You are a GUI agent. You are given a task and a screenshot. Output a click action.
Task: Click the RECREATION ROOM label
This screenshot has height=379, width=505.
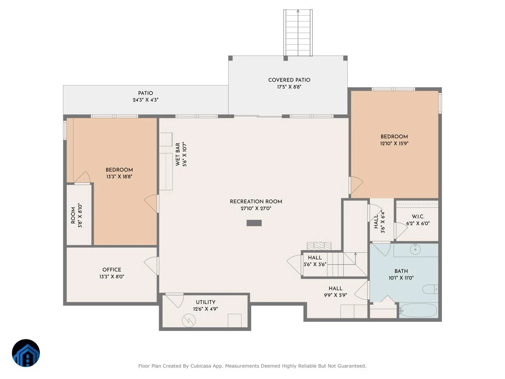click(256, 202)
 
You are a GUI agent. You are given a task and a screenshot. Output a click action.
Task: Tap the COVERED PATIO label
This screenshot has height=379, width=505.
click(289, 80)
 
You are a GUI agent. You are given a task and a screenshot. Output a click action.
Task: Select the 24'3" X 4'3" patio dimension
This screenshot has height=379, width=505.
click(146, 100)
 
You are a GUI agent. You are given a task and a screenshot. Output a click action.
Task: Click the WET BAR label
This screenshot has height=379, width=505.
click(178, 154)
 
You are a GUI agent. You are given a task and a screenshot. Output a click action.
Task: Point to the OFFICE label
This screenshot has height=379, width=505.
click(112, 270)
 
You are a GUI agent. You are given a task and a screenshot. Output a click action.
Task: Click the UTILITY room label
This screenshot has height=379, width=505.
click(205, 302)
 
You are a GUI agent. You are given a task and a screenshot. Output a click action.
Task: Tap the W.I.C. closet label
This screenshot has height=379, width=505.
click(418, 216)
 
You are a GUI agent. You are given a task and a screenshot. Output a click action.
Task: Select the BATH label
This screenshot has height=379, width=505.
click(401, 271)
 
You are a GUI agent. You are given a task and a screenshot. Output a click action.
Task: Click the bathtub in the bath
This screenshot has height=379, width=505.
click(418, 310)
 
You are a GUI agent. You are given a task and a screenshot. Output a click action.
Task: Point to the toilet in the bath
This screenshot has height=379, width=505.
click(430, 289)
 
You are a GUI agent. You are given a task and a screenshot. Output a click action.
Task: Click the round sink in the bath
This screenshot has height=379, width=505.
click(415, 249)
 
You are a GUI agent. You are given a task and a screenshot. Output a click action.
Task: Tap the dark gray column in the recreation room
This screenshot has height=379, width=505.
click(254, 223)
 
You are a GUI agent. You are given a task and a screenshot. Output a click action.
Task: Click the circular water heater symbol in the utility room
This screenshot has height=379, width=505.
click(189, 320)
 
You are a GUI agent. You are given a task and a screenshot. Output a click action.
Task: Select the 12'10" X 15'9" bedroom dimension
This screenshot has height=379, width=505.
click(394, 143)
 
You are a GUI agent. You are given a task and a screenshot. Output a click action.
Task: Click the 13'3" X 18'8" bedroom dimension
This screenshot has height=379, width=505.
click(119, 176)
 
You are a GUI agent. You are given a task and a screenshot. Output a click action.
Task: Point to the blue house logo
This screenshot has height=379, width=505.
click(26, 353)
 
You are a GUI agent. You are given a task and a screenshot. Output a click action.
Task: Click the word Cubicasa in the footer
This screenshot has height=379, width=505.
click(201, 366)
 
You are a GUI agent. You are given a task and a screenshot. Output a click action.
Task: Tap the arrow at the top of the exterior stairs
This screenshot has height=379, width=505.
click(298, 11)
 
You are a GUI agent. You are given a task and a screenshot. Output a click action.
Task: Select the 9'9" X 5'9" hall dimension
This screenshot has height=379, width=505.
click(335, 295)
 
